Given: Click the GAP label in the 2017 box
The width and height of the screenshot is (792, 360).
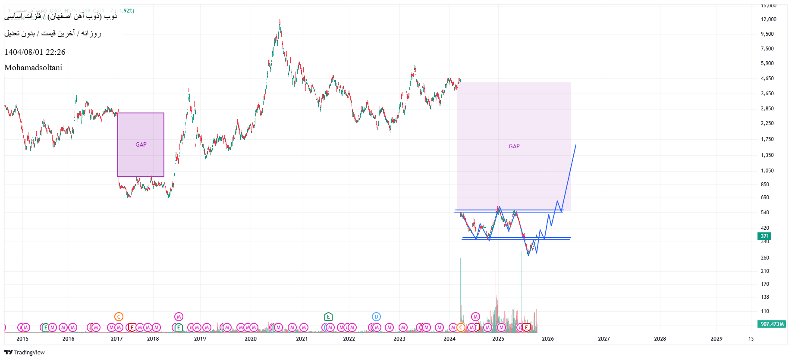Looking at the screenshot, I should (x=141, y=145).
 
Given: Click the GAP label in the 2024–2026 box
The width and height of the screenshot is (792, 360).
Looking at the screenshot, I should (x=514, y=147).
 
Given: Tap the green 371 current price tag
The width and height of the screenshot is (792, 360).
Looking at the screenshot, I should (x=764, y=236).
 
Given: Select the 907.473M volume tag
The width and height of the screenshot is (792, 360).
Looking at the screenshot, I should (x=772, y=324).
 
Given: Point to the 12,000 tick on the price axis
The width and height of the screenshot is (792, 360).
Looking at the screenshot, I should (x=768, y=19).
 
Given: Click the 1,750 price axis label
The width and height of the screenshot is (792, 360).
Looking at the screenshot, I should (x=767, y=139).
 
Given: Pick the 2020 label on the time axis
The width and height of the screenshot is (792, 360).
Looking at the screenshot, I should (x=250, y=339).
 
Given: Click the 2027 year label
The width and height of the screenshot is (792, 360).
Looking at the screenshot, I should (x=603, y=339).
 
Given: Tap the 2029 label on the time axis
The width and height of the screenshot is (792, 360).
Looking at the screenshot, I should (x=716, y=339).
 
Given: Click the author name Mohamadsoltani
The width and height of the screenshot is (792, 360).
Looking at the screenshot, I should (x=33, y=68).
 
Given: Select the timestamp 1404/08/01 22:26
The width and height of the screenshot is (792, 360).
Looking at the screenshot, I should (x=35, y=52).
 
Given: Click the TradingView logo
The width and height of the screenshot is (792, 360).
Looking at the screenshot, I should (x=25, y=353).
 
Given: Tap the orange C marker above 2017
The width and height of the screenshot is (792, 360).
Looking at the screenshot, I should (x=119, y=317).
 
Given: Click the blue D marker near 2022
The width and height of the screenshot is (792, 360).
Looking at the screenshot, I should (x=376, y=317).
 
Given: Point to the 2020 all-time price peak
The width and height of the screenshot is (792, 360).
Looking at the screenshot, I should (x=280, y=20).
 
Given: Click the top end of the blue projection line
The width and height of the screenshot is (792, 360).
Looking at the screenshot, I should (x=575, y=145).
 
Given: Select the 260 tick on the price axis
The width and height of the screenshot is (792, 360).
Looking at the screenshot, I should (x=765, y=258).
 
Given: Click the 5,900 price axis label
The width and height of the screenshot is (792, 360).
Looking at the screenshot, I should (x=767, y=63).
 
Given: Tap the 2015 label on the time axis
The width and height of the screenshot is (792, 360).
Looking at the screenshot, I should (x=22, y=339).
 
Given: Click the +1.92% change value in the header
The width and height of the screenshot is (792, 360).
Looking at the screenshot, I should (x=126, y=11).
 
